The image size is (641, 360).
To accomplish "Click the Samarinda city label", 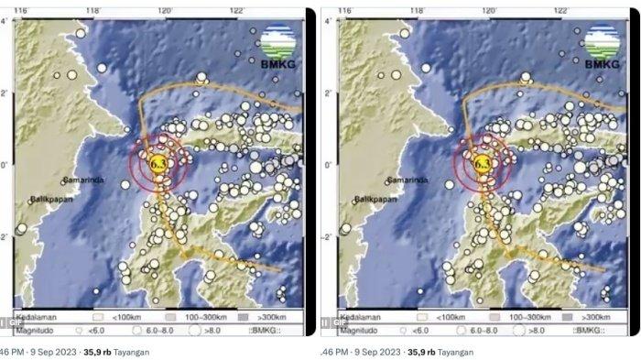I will click(x=83, y=180).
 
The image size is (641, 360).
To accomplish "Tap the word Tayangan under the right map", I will click(x=455, y=351).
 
